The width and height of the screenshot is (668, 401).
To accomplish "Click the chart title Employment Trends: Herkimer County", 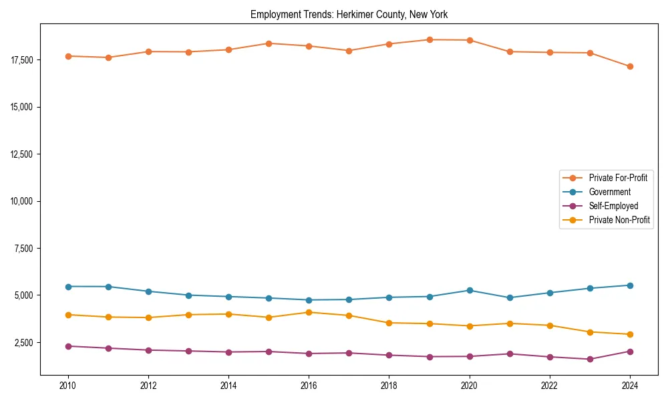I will [349, 14].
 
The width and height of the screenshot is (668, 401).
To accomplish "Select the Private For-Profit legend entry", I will [617, 178].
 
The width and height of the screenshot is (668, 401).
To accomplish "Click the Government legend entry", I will [609, 192].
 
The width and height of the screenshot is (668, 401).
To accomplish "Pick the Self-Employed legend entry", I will [613, 206].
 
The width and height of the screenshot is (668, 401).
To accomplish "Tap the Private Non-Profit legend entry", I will [619, 220].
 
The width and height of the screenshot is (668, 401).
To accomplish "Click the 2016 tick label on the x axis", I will [309, 386].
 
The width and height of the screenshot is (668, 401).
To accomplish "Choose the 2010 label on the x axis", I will [67, 386].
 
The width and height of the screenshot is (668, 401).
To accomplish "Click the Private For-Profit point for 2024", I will [630, 66].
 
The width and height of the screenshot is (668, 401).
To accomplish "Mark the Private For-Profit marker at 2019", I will [430, 39].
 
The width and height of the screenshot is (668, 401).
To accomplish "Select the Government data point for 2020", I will [470, 290].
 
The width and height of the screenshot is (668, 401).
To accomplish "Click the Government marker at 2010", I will [67, 286].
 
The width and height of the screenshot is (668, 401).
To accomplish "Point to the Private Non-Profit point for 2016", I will [309, 312].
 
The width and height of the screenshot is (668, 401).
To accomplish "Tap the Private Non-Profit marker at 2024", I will [630, 334].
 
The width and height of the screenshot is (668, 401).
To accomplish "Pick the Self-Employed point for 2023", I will [590, 359].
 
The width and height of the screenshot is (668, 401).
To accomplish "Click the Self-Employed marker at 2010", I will [67, 346].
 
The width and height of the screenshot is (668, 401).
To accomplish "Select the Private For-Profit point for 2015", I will [269, 43].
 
